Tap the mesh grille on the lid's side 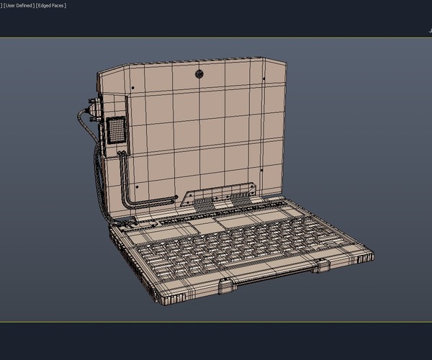tap(115, 131)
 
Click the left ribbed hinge tap(206, 204)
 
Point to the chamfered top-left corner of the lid tap(102, 72)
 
